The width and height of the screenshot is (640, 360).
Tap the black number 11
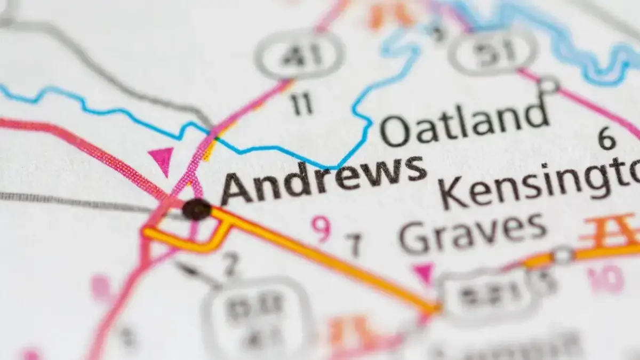(x=302, y=105)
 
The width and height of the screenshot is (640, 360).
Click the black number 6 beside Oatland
(x=606, y=139)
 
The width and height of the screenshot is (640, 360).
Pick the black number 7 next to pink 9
(x=354, y=245)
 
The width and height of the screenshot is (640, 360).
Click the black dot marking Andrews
(x=197, y=209)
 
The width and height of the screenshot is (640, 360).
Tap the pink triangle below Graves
(x=424, y=273)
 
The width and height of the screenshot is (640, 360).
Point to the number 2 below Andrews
(x=230, y=264)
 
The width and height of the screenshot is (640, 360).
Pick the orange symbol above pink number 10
(x=610, y=232)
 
